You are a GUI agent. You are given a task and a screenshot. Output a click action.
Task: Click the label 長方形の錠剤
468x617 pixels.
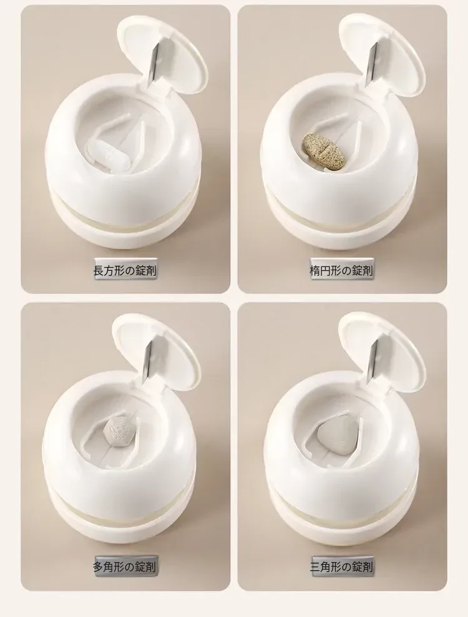coord(125,270)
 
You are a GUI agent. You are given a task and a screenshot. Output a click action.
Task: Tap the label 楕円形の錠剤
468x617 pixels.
coord(341,270)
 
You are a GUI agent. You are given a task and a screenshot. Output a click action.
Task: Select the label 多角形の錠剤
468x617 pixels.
coord(125,566)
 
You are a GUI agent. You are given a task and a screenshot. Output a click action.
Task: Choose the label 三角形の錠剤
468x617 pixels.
coord(341,566)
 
